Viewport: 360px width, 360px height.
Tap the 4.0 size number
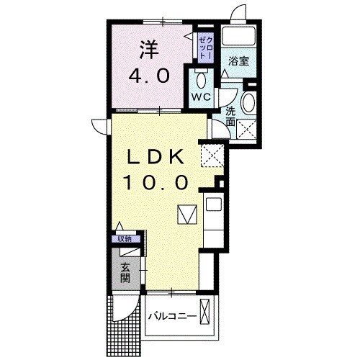(x=150, y=75)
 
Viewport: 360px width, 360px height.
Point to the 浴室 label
(x=239, y=61)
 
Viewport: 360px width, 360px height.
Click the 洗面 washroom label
(x=230, y=117)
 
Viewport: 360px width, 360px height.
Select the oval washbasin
(x=248, y=102)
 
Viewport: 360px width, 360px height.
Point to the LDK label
(x=161, y=156)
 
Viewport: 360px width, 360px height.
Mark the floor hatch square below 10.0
(x=186, y=214)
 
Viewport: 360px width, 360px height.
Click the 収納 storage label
(x=125, y=238)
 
